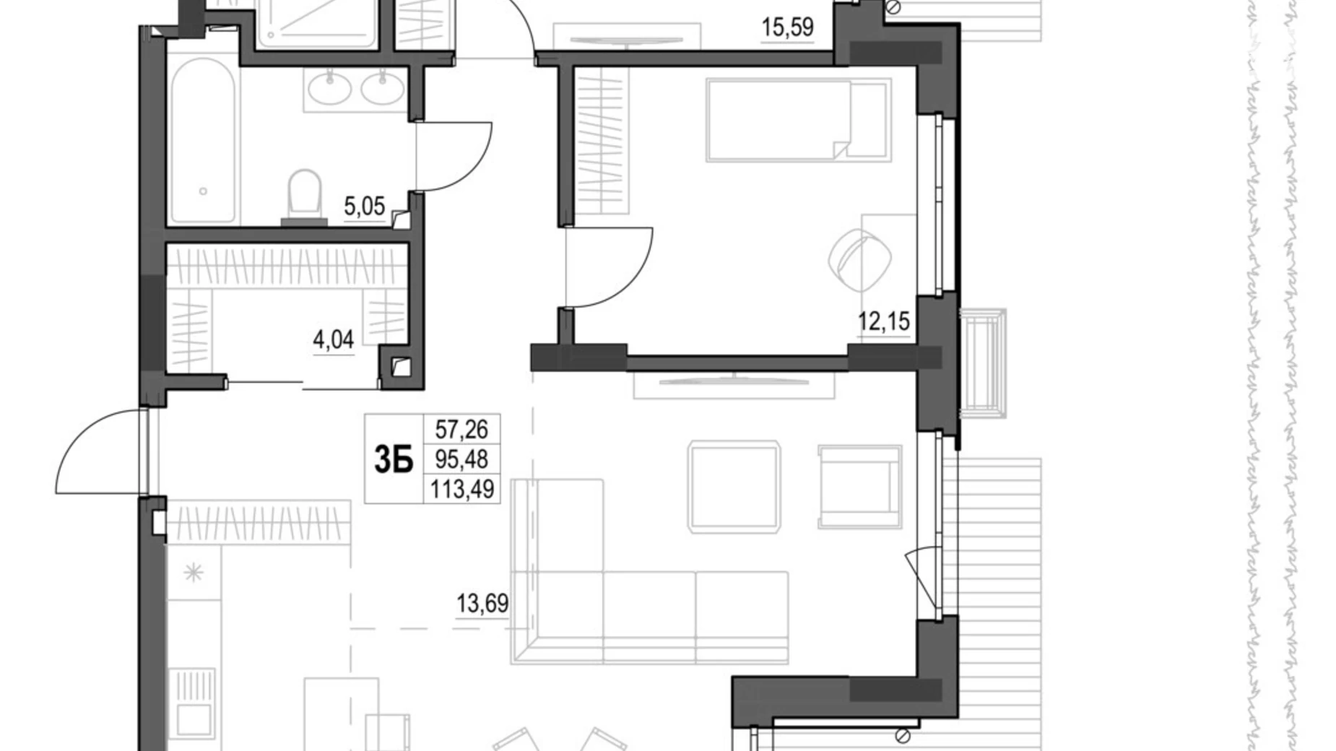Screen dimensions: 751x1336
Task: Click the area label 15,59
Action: click(x=787, y=28)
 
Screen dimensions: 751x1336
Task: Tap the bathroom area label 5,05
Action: click(x=364, y=208)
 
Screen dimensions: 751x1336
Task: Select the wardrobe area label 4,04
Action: click(x=333, y=339)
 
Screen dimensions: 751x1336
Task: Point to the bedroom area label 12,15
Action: click(x=883, y=320)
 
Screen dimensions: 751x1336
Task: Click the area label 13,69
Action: click(x=482, y=602)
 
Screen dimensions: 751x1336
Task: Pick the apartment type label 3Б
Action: click(x=393, y=459)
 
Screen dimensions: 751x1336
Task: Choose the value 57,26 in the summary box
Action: click(x=461, y=430)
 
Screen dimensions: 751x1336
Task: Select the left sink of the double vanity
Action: click(x=329, y=87)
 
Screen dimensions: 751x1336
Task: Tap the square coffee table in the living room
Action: click(x=735, y=487)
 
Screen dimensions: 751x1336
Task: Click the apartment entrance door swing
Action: click(x=101, y=451)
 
